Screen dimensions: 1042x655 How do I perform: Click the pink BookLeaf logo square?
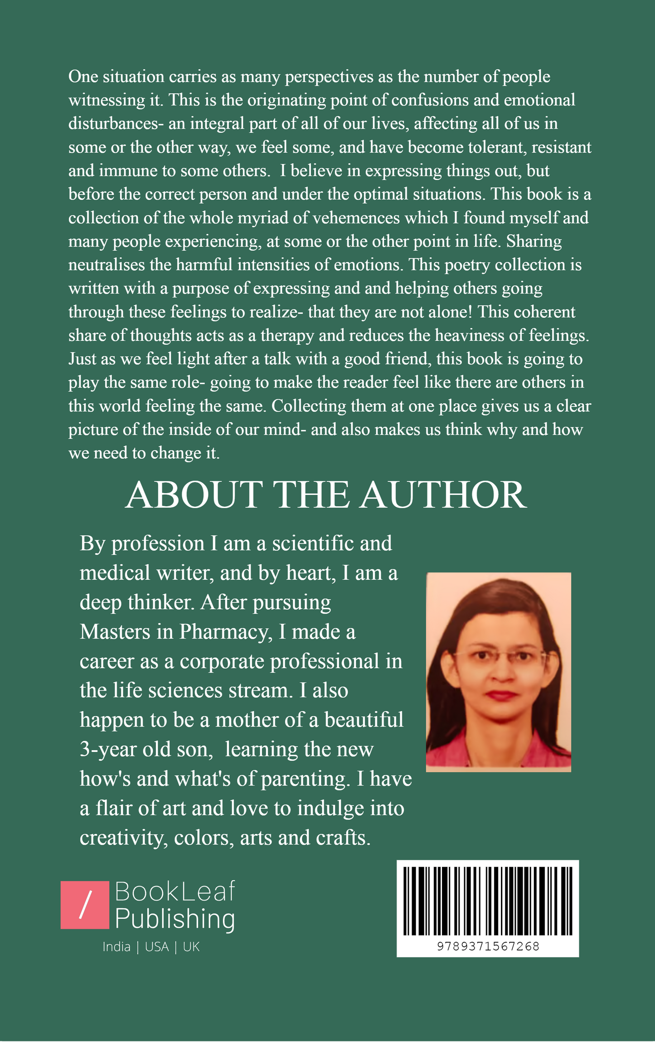pos(85,905)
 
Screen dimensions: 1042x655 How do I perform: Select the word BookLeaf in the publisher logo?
pos(175,891)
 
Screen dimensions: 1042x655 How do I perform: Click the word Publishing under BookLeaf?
pos(175,919)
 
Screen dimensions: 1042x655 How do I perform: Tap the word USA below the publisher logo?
pos(156,947)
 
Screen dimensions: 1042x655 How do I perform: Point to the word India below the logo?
pos(116,947)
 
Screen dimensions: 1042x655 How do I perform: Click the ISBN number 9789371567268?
pos(488,946)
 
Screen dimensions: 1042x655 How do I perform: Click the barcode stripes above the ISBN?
pos(488,901)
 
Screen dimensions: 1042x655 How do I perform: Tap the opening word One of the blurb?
pos(83,77)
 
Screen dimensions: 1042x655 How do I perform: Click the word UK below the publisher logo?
pos(191,947)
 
